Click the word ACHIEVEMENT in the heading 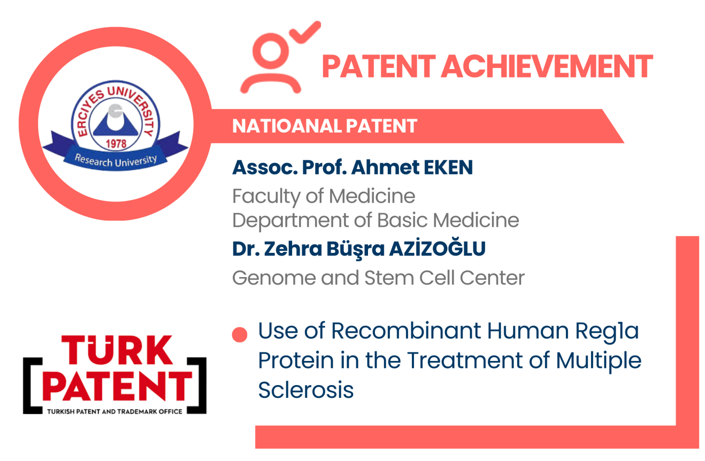(547, 67)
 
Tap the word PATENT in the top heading (378, 67)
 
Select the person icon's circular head (271, 51)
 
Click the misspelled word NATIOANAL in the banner (287, 126)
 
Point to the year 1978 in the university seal (116, 143)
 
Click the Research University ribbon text (115, 161)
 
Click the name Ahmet (385, 167)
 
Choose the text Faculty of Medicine (324, 197)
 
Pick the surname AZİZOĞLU (437, 248)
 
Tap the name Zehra (293, 248)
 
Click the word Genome (274, 278)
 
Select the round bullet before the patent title (239, 335)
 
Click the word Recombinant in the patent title (406, 331)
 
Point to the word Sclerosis (306, 390)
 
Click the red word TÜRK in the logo (117, 350)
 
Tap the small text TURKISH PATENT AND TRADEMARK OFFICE (114, 411)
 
